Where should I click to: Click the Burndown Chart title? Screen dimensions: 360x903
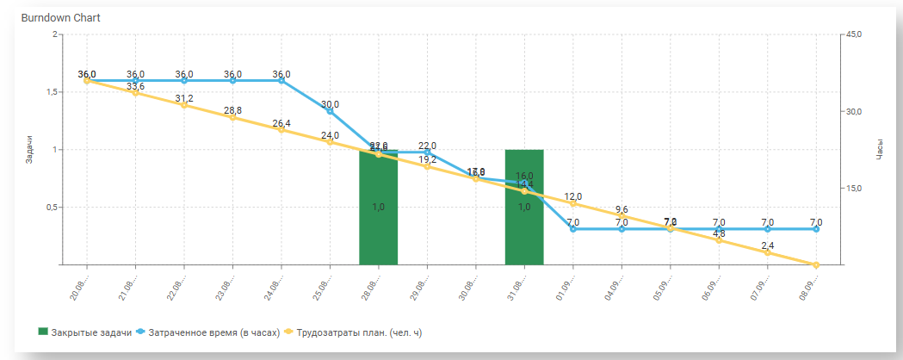pyautogui.click(x=58, y=17)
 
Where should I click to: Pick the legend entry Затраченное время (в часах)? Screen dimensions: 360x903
pyautogui.click(x=213, y=332)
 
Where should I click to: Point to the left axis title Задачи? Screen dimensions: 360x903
pyautogui.click(x=29, y=149)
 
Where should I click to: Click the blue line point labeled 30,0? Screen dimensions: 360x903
pyautogui.click(x=330, y=111)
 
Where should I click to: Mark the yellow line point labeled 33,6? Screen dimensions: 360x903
pyautogui.click(x=135, y=93)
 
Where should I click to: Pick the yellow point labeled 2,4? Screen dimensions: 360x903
pyautogui.click(x=767, y=252)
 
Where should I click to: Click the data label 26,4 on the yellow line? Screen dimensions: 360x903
pyautogui.click(x=281, y=123)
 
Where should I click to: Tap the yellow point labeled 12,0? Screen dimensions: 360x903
pyautogui.click(x=573, y=203)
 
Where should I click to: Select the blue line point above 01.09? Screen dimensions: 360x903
pyautogui.click(x=573, y=229)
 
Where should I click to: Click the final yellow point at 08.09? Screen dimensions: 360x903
pyautogui.click(x=816, y=264)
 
